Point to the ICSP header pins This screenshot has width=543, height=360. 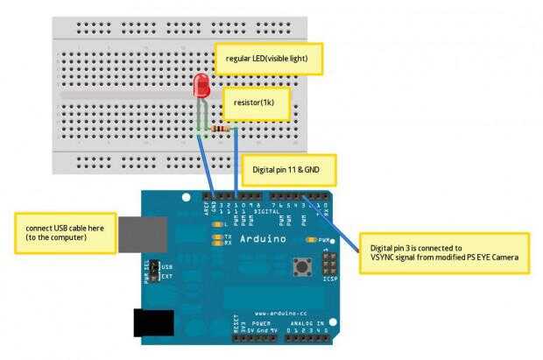329,262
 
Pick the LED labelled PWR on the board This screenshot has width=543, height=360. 311,238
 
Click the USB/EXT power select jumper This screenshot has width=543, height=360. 154,270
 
